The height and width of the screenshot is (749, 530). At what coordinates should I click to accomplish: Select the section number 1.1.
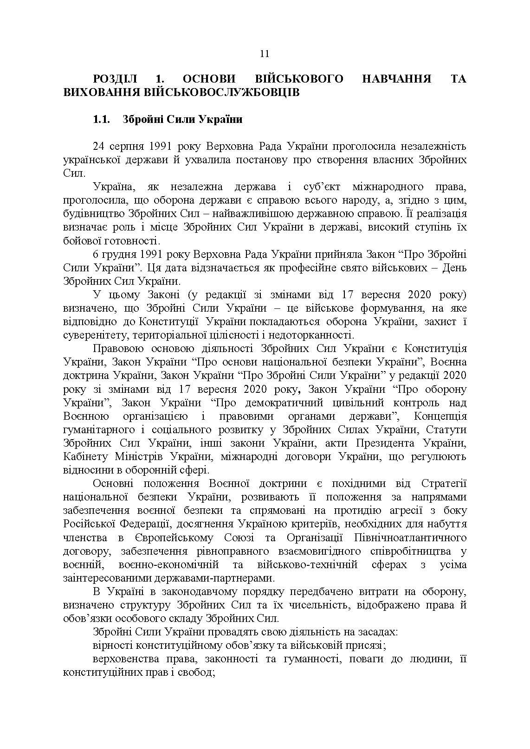(x=101, y=120)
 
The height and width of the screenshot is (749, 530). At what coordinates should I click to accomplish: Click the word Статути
(x=446, y=429)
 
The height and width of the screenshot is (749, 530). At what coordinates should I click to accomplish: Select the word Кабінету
(x=83, y=456)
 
